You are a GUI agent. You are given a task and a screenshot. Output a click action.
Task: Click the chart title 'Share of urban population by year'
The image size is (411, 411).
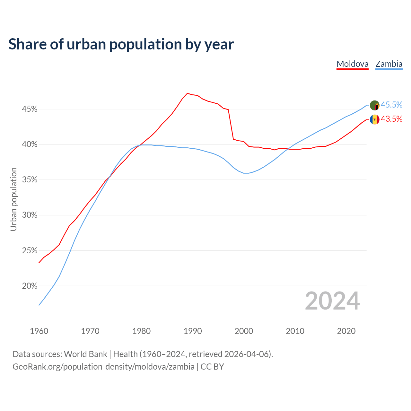[x=121, y=44]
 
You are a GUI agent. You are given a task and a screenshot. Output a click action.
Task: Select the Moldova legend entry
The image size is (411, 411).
[x=352, y=64]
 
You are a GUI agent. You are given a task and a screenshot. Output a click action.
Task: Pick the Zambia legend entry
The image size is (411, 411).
[x=389, y=64]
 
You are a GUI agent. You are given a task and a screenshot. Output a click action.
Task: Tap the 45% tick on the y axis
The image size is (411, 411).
[x=30, y=109]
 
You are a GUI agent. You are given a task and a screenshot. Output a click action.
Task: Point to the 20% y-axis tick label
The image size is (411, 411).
[x=30, y=286]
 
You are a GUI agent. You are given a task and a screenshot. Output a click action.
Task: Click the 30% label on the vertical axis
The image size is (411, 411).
[x=30, y=215]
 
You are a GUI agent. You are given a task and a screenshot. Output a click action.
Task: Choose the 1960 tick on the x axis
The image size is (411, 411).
[x=39, y=331]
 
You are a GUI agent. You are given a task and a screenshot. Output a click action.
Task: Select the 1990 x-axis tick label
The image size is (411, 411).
[x=193, y=331]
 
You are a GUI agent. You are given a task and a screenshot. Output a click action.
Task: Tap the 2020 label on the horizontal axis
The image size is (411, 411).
[x=346, y=331]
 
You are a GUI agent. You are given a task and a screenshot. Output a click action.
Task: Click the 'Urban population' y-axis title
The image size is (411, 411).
[x=13, y=199]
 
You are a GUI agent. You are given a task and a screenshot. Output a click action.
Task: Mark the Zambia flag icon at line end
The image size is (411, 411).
[x=374, y=105]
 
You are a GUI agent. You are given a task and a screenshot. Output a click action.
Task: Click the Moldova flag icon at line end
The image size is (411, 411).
[x=374, y=119]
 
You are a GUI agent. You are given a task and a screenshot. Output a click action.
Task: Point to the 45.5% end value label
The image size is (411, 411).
[x=391, y=105]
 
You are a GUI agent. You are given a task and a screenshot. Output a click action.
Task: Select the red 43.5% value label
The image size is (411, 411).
[x=391, y=119]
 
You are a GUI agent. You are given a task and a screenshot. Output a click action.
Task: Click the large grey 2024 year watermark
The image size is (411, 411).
[x=332, y=301]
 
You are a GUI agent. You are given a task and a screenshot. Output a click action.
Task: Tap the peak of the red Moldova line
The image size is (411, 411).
[x=188, y=93]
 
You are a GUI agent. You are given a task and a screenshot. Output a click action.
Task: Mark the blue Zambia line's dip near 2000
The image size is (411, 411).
[x=246, y=173]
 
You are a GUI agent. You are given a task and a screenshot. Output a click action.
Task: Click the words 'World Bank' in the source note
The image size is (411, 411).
[x=85, y=354]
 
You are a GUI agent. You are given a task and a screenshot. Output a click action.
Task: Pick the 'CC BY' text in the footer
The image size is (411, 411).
[x=212, y=367]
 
